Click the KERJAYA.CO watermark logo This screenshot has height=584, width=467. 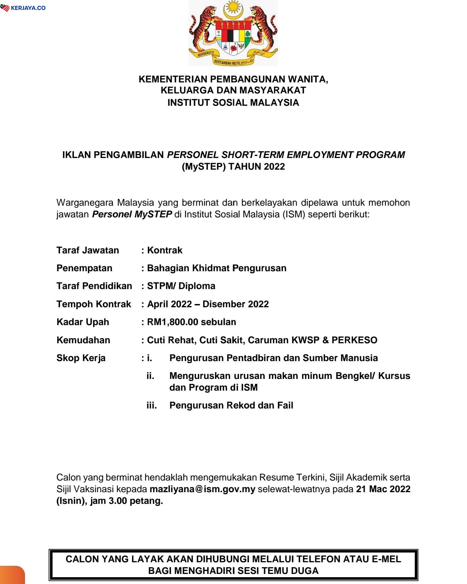(x=23, y=8)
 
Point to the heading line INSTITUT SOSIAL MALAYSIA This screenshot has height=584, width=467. (x=233, y=103)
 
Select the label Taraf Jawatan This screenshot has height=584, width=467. (x=88, y=250)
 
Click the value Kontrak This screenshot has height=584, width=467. (x=165, y=250)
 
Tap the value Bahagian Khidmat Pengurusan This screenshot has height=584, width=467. (x=217, y=268)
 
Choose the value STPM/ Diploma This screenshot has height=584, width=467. (x=181, y=286)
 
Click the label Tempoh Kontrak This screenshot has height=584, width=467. (x=94, y=304)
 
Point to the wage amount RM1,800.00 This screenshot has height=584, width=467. (x=173, y=322)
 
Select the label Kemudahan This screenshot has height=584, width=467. (x=83, y=340)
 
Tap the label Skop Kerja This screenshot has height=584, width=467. (x=81, y=358)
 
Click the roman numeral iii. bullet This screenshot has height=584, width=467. (x=151, y=405)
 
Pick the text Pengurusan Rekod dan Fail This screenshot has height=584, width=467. (x=231, y=405)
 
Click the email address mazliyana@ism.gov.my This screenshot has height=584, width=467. (x=202, y=489)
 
